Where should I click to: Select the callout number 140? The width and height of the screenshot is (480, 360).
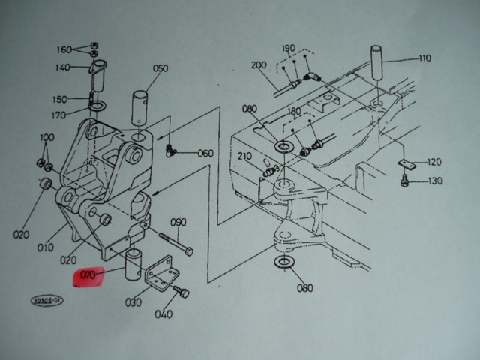[x=62, y=67]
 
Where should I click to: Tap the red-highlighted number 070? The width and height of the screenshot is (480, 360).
[x=88, y=276]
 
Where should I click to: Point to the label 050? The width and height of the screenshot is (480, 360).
[x=160, y=68]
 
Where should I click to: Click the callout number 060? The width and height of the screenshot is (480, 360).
[x=205, y=153]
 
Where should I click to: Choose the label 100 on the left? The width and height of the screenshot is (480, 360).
[x=46, y=137]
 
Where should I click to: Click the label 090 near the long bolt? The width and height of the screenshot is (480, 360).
[x=178, y=222]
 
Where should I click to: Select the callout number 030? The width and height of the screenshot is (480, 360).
[x=133, y=302]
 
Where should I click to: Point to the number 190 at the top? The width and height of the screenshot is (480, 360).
[x=289, y=48]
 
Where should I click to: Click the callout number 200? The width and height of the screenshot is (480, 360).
[x=259, y=65]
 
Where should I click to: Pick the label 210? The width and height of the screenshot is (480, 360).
[x=244, y=156]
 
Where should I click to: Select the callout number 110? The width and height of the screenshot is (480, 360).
[x=424, y=58]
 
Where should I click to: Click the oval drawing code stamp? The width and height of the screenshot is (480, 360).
[x=47, y=300]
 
